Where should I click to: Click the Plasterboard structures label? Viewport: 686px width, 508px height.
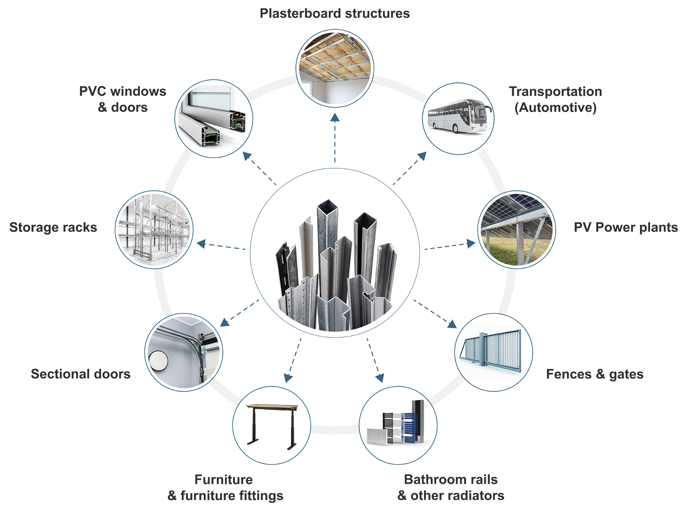[x=334, y=14]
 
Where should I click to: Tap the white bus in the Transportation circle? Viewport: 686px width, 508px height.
[x=458, y=117]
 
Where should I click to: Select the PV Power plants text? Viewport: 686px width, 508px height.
[x=626, y=228]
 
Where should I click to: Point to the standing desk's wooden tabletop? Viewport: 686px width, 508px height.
[x=272, y=407]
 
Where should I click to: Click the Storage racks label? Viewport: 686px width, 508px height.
[x=53, y=228]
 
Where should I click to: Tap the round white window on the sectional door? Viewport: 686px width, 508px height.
[x=158, y=361]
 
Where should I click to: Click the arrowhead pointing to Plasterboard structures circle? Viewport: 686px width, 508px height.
[x=335, y=118]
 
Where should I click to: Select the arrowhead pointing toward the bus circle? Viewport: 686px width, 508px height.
[x=423, y=156]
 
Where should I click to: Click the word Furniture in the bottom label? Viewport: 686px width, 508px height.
[x=223, y=480]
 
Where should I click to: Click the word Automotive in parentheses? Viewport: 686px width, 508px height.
[x=555, y=108]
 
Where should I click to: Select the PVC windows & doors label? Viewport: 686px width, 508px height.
[x=122, y=99]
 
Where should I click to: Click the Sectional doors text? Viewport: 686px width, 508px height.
[x=81, y=374]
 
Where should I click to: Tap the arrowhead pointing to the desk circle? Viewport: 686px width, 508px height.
[x=288, y=378]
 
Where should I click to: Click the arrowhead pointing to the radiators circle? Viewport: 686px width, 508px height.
[x=380, y=378]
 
